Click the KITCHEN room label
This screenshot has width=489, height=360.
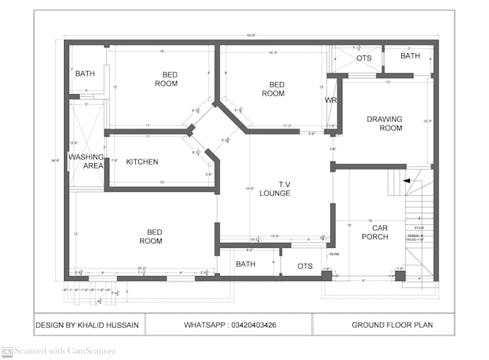click(142, 162)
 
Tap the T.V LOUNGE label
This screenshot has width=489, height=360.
click(274, 188)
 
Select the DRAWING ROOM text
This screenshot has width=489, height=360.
click(384, 123)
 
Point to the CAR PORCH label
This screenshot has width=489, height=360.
click(375, 232)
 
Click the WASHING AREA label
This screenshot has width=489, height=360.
click(86, 161)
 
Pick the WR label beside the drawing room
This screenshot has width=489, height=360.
click(331, 100)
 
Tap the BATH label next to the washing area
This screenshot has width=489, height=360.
click(85, 73)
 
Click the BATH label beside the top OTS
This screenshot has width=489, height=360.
click(410, 56)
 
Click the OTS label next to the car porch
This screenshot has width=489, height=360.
click(305, 267)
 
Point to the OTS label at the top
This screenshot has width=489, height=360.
click(364, 58)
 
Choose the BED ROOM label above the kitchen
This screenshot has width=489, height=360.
click(166, 79)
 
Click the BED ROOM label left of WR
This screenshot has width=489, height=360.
click(273, 89)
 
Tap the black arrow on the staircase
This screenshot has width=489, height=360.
click(408, 181)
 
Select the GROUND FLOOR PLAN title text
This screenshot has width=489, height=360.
click(392, 325)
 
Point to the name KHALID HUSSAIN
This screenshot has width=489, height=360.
click(107, 325)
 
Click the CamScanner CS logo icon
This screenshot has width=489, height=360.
click(6, 351)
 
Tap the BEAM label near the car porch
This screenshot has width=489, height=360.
click(334, 254)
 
